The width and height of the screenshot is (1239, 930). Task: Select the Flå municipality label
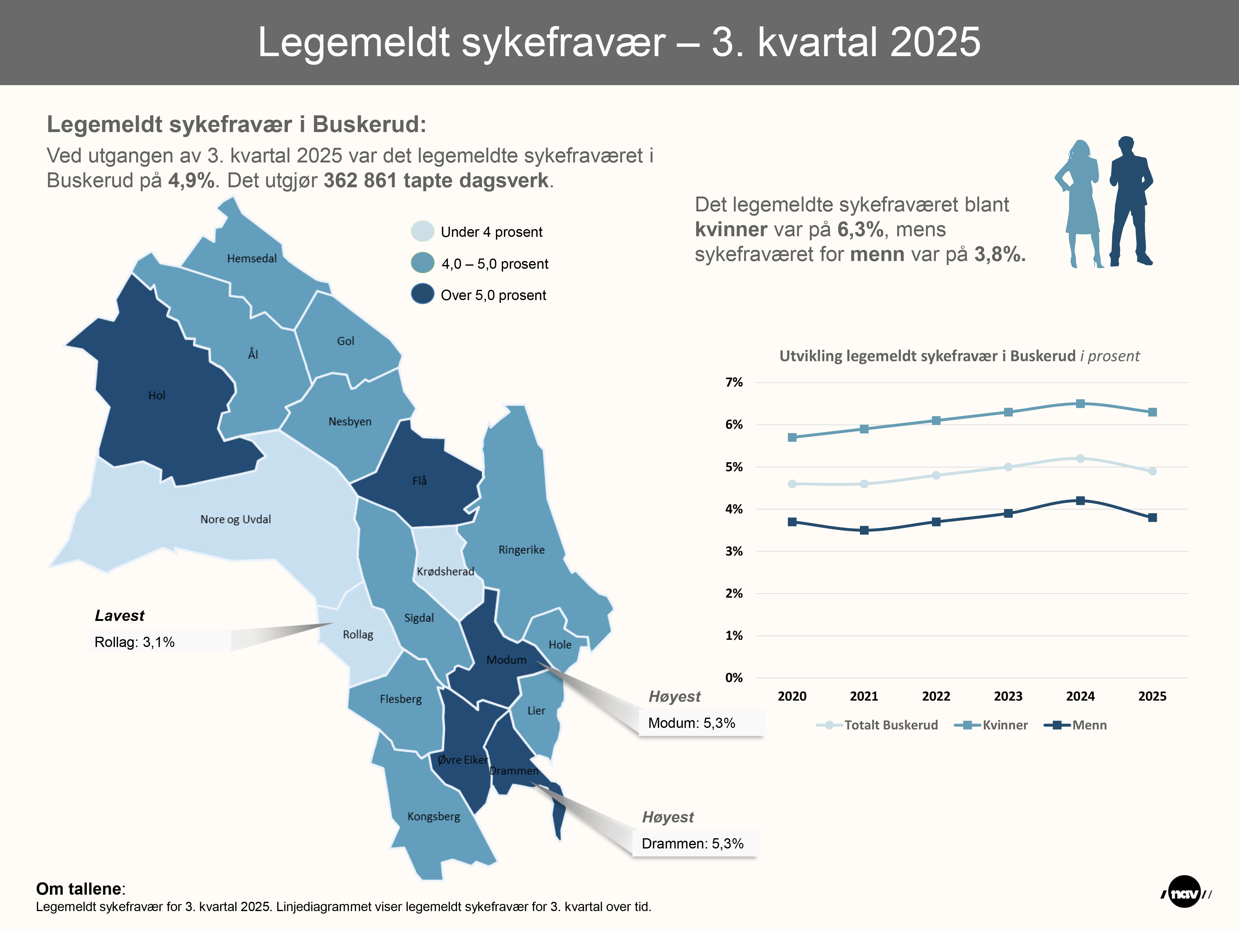coord(419,480)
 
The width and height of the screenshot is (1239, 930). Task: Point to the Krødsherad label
coord(445,571)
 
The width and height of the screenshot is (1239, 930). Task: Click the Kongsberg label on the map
coord(434,816)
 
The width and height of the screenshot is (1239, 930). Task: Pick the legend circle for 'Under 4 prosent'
coord(422,231)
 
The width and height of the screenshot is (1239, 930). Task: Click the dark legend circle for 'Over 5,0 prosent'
coord(422,294)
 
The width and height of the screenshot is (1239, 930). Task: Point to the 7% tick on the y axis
coord(734,382)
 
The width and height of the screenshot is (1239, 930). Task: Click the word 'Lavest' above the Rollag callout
coord(119,616)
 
